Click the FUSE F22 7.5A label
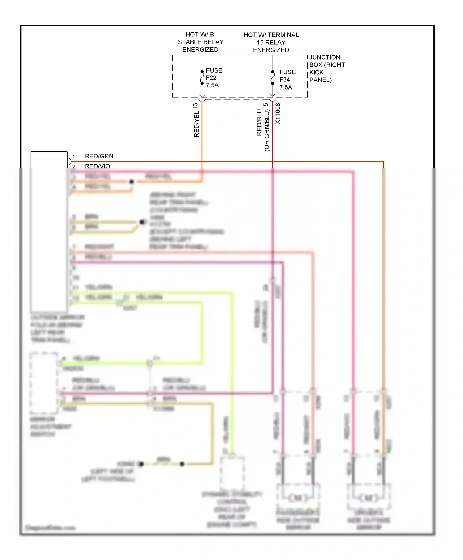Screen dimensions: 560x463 click(x=214, y=78)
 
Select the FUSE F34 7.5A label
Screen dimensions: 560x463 click(x=287, y=80)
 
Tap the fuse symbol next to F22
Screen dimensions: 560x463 click(x=202, y=77)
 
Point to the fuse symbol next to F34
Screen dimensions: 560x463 click(x=273, y=78)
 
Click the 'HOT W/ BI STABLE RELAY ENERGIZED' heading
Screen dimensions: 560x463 click(x=201, y=42)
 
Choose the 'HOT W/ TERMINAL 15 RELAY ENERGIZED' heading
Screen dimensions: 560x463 click(x=271, y=42)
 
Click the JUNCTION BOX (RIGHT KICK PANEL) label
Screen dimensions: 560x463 click(x=327, y=69)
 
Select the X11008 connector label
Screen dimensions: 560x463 click(x=278, y=114)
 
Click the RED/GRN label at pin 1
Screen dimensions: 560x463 click(x=99, y=156)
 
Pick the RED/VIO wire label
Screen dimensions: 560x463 click(x=97, y=166)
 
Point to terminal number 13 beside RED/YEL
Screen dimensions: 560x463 click(x=195, y=107)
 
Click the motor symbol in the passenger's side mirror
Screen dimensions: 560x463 click(x=298, y=498)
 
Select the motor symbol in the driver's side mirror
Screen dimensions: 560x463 click(x=368, y=498)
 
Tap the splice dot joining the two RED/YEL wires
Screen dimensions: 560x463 click(x=131, y=182)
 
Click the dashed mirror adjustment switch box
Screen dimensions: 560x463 click(x=44, y=383)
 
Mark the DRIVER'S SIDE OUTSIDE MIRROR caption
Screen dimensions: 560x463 click(x=369, y=520)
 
